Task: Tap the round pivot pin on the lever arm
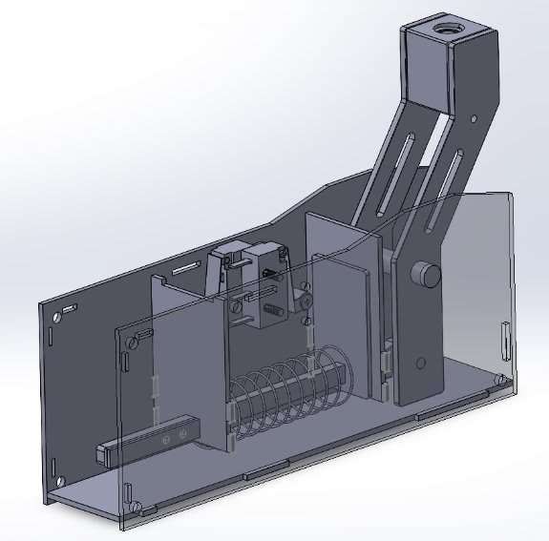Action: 424,275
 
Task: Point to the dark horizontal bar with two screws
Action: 148,441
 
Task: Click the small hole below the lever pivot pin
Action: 421,362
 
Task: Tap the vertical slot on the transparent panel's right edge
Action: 503,342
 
